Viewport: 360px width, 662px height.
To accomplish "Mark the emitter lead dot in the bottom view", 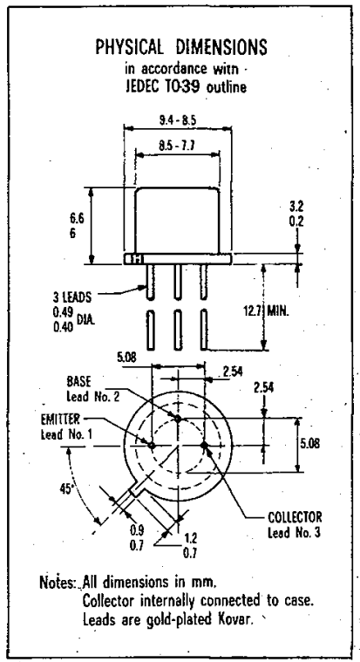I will tap(152, 445).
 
